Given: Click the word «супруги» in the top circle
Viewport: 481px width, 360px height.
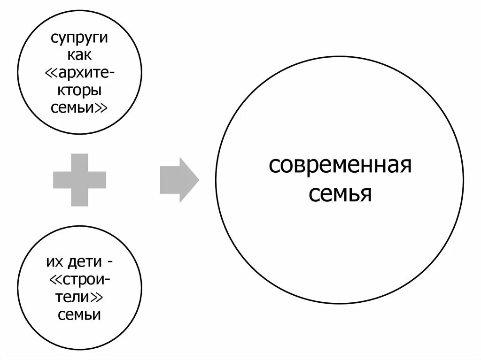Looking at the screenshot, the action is pos(79,38).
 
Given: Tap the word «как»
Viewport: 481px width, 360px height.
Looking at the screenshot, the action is pos(79,55).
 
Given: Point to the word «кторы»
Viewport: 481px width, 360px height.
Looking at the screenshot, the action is pos(79,90).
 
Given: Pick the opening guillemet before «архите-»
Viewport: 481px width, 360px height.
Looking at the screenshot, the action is pos(51,73).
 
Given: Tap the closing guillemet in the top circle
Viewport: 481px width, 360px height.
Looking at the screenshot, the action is pos(102,108).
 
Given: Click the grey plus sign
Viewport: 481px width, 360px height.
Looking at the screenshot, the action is pos(79,180).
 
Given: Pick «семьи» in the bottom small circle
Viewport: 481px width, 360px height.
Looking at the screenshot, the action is pos(79,314).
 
